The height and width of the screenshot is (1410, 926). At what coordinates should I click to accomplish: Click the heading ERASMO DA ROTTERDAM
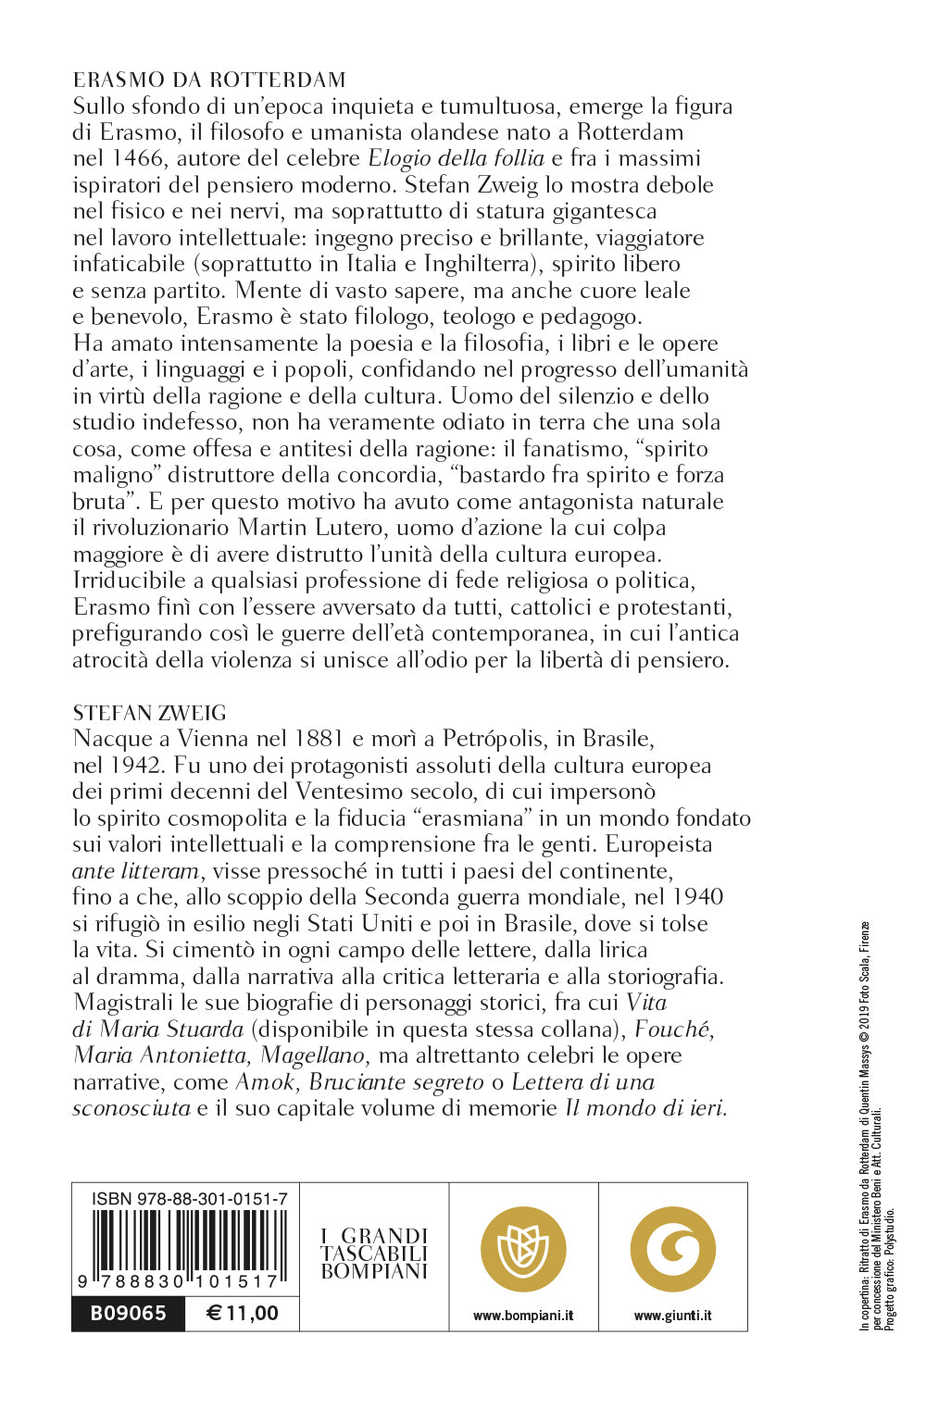pyautogui.click(x=209, y=80)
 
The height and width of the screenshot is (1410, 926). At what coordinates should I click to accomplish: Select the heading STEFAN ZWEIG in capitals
pyautogui.click(x=149, y=713)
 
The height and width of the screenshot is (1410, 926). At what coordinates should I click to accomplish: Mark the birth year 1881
pyautogui.click(x=328, y=739)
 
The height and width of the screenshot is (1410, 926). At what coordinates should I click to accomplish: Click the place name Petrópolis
pyautogui.click(x=500, y=739)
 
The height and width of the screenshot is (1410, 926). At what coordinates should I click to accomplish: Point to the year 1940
pyautogui.click(x=697, y=897)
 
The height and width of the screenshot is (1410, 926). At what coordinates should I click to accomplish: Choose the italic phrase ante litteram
pyautogui.click(x=135, y=871)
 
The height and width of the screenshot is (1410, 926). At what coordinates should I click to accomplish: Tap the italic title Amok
pyautogui.click(x=267, y=1082)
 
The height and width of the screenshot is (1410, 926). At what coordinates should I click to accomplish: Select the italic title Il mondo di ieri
pyautogui.click(x=645, y=1108)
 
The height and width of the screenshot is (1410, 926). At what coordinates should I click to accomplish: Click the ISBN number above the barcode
pyautogui.click(x=189, y=1199)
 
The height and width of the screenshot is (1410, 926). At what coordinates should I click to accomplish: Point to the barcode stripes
pyautogui.click(x=185, y=1241)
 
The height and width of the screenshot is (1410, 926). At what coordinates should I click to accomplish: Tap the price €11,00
pyautogui.click(x=242, y=1313)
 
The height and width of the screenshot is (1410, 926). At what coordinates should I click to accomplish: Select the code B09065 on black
pyautogui.click(x=128, y=1313)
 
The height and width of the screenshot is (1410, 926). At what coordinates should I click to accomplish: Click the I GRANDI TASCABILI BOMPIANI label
pyautogui.click(x=374, y=1253)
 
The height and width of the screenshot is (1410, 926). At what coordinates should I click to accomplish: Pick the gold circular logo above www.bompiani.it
pyautogui.click(x=523, y=1250)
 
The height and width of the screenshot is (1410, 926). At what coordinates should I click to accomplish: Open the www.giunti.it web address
pyautogui.click(x=673, y=1316)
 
